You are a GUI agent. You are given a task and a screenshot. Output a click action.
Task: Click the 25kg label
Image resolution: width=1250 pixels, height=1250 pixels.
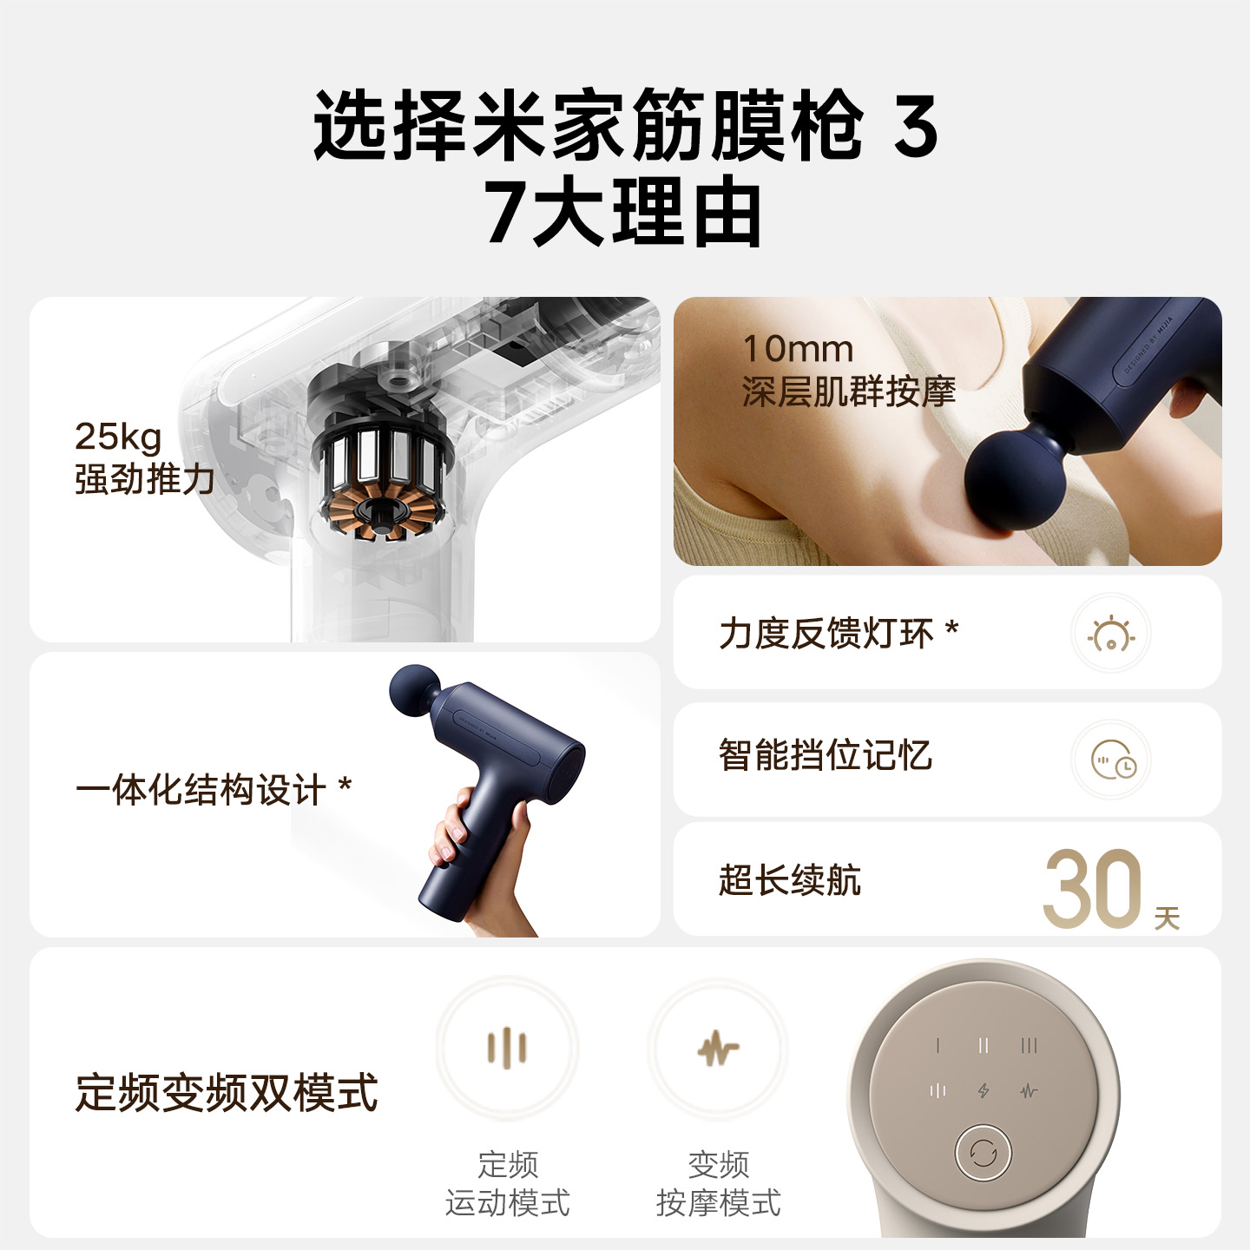point(118,437)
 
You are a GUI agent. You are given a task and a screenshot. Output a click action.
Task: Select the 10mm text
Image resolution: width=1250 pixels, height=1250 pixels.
point(799,349)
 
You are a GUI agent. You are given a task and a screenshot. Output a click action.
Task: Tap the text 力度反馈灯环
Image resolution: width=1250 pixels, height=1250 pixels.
point(826,634)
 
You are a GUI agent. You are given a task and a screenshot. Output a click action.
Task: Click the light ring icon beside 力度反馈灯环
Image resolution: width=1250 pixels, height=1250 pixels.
point(1111,635)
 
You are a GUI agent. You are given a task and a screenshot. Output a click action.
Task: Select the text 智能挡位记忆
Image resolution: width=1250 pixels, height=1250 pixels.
point(826,756)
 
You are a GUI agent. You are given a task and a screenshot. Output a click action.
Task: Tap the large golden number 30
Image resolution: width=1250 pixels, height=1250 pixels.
point(1092,889)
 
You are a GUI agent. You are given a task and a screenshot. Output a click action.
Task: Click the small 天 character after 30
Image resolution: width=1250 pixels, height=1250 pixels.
point(1167,918)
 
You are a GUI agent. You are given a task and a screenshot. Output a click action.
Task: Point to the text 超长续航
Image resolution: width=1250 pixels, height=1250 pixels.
point(790,880)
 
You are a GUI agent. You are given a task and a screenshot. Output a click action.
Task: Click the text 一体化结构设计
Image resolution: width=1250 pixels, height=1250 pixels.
point(201,791)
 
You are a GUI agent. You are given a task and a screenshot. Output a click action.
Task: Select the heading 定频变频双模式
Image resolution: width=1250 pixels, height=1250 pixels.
point(227,1093)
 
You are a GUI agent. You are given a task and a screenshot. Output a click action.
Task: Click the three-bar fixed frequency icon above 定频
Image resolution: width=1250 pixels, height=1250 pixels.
point(507,1048)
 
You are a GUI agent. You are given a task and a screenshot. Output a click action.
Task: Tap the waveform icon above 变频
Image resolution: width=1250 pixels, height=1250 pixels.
point(719,1049)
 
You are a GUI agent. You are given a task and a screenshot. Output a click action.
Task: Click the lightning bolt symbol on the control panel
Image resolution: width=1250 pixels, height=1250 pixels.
point(984,1090)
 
